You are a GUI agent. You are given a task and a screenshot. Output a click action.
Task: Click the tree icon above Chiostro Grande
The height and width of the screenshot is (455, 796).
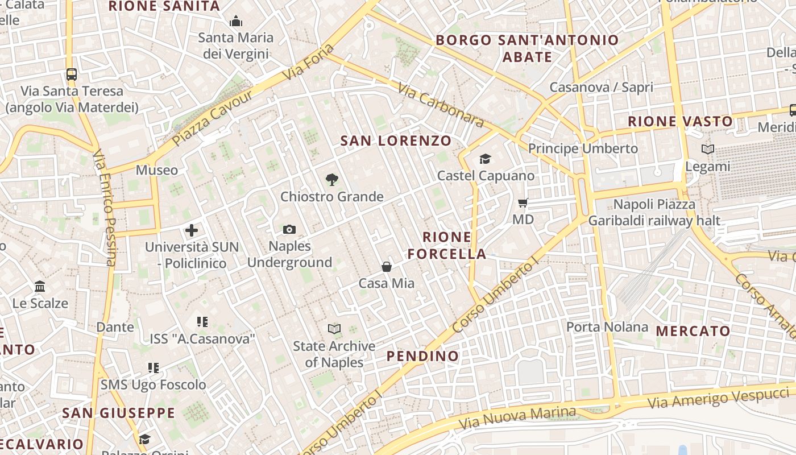click(332, 180)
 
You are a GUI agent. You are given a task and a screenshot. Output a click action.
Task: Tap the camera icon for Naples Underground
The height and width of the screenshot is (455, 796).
click(289, 229)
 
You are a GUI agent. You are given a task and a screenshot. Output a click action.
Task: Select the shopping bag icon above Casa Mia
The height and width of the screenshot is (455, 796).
click(387, 266)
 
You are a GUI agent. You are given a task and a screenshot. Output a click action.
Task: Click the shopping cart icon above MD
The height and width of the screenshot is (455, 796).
click(523, 202)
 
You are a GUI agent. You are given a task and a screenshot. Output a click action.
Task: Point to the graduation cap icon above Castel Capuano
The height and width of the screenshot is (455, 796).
click(485, 159)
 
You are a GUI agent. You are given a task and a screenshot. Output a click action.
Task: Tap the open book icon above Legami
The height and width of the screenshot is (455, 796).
click(708, 150)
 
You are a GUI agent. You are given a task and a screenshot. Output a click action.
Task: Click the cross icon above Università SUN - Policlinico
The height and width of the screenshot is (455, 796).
click(192, 230)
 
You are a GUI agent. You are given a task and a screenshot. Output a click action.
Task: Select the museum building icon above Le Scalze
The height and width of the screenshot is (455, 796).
click(40, 286)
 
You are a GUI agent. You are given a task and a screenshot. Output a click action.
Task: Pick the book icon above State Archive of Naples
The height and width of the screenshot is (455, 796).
click(334, 329)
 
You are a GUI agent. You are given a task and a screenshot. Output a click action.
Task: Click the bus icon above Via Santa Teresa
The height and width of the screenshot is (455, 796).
click(72, 74)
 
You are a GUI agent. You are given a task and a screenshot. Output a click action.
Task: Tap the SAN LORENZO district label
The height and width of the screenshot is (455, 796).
click(396, 140)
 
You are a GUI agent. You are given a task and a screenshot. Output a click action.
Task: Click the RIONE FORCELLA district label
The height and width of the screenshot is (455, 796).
click(447, 245)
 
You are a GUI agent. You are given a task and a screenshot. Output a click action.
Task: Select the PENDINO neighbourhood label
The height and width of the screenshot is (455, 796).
click(422, 356)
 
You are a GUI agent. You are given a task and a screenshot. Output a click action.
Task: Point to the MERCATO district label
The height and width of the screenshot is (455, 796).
click(693, 331)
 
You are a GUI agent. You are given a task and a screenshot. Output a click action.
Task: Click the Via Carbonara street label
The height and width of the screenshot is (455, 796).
click(441, 106)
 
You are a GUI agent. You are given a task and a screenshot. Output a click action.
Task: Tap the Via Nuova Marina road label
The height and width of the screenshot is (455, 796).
click(517, 418)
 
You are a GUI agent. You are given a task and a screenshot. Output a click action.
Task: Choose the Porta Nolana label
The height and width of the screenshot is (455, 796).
click(607, 326)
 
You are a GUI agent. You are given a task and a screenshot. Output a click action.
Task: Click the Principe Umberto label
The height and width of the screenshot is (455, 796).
click(583, 148)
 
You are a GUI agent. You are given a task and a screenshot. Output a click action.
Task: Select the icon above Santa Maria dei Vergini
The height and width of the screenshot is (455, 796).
click(236, 22)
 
